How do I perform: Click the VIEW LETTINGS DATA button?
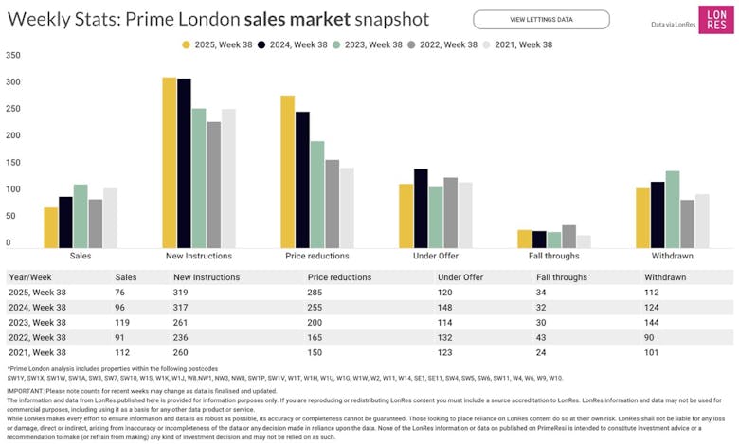click(x=541, y=19)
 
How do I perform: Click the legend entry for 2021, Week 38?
click(x=517, y=44)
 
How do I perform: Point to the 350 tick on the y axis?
click(x=13, y=55)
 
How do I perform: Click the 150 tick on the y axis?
click(x=13, y=163)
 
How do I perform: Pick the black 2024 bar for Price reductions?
click(x=302, y=180)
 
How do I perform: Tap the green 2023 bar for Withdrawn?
click(x=673, y=209)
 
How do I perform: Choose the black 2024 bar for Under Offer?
click(x=421, y=208)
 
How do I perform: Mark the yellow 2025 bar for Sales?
click(x=51, y=227)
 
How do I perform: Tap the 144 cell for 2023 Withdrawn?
click(x=653, y=324)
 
